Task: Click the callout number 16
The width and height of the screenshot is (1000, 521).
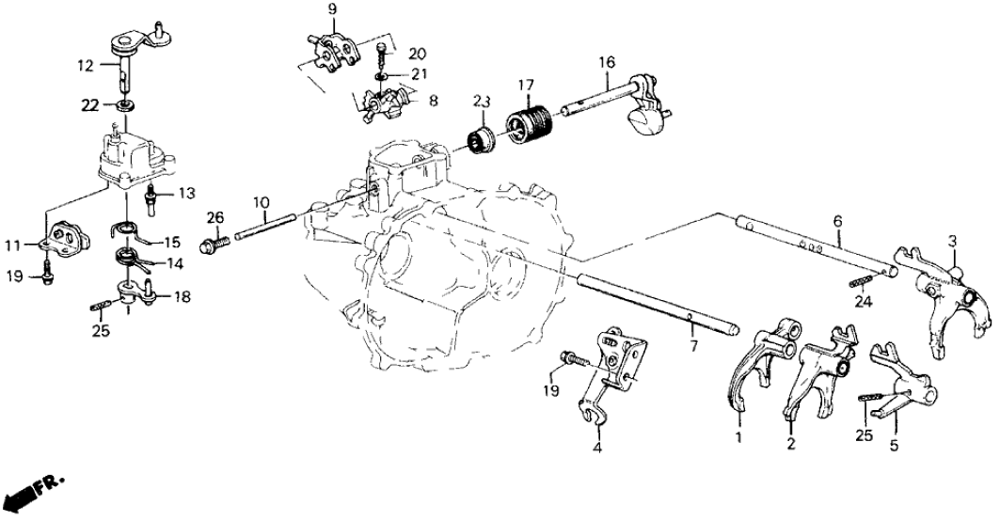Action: [x=608, y=62]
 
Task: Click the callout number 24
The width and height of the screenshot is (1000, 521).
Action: [x=864, y=302]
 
